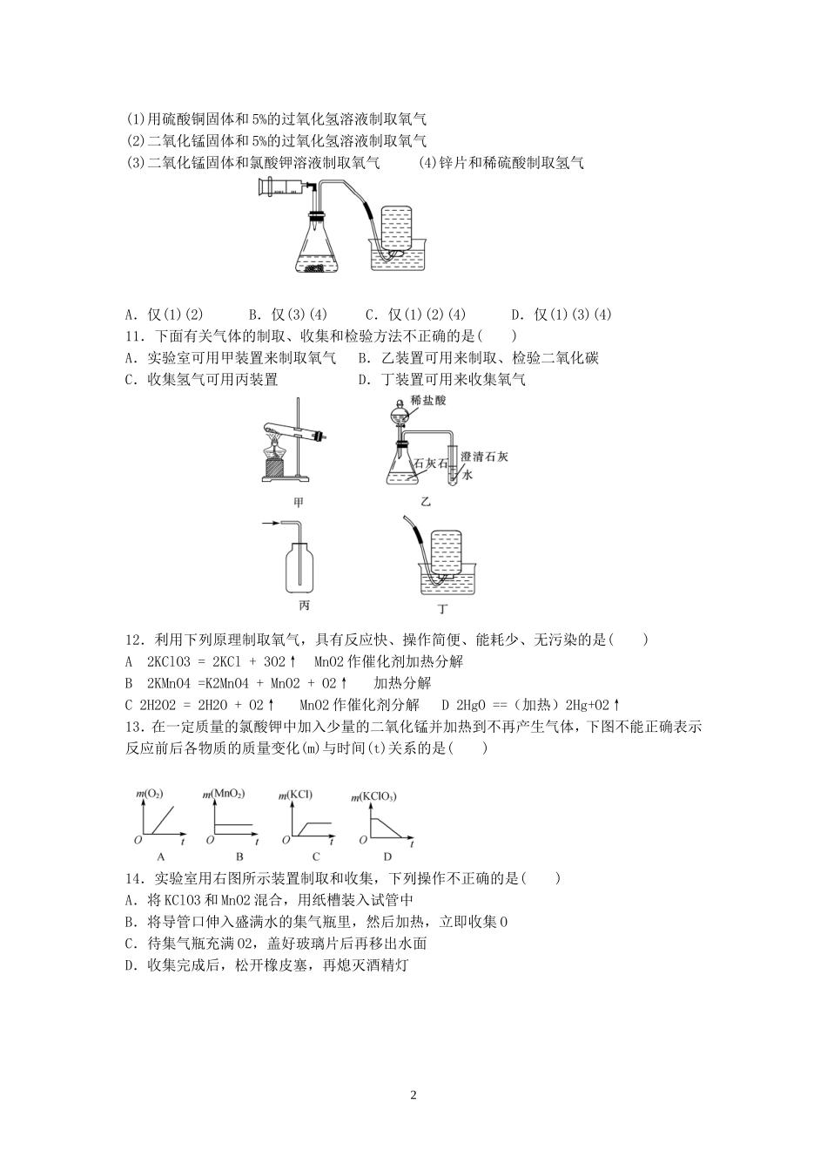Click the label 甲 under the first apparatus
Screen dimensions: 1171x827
[x=299, y=502]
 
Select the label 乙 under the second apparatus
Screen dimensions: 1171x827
[x=426, y=502]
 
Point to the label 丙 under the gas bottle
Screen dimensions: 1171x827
[x=303, y=605]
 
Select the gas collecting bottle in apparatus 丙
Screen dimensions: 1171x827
[x=303, y=565]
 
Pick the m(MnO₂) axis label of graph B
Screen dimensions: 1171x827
[x=224, y=794]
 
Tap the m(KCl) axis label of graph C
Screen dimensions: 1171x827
[x=295, y=794]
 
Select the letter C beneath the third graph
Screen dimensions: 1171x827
[x=316, y=856]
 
